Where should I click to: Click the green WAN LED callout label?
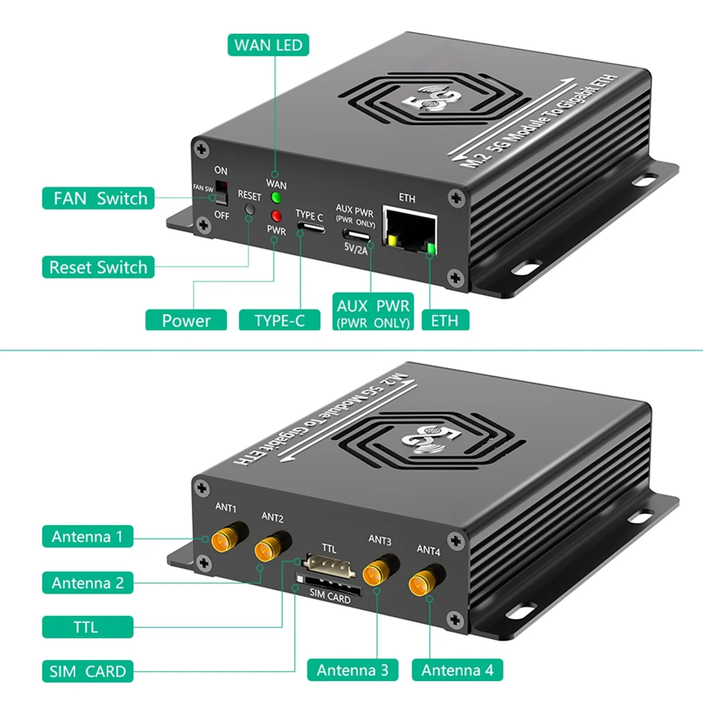pos(268,45)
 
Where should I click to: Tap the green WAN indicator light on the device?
pos(276,197)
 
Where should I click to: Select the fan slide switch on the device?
pos(220,189)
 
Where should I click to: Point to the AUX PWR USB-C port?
pos(357,234)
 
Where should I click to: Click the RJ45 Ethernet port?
pos(409,230)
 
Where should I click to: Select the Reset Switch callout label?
pos(98,267)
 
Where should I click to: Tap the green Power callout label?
pos(186,320)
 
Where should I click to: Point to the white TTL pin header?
pos(330,567)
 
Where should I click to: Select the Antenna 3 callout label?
pos(353,670)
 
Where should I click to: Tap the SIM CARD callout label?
pos(88,671)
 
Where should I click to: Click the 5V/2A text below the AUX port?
pos(356,250)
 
